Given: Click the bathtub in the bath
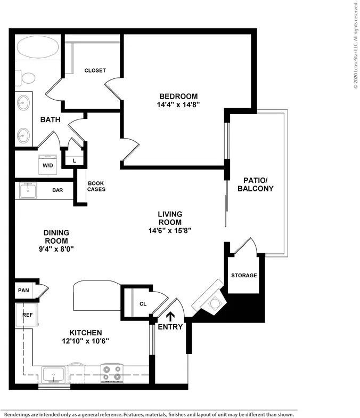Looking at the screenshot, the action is point(37,47).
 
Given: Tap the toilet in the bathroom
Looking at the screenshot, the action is point(26,78).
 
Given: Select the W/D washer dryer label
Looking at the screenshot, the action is point(48,165).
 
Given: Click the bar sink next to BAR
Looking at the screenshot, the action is point(28,190).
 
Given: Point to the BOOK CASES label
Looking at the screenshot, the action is point(96,187).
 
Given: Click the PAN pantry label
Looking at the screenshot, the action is point(23,290).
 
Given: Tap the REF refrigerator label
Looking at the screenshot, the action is point(28,315).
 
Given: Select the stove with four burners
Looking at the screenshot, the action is point(112,373).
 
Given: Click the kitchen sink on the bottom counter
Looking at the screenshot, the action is point(53,375).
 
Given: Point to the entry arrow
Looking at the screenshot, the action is point(170,317).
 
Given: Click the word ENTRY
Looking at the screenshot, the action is point(170,327).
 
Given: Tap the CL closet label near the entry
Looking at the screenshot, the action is point(143,304).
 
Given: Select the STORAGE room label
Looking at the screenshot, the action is point(244,275).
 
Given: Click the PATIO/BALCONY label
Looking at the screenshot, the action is point(256,184).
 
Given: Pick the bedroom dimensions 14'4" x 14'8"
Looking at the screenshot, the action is point(178,104).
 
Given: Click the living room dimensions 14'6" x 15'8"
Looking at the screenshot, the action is point(170,230).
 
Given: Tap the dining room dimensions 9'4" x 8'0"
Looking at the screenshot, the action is point(56,250).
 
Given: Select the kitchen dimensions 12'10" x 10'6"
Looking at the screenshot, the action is point(85,341).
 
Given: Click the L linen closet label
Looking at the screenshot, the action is point(75,161).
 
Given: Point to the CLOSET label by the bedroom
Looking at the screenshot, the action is point(95,70).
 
